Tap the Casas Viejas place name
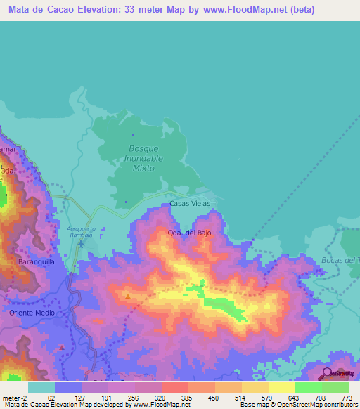(x=190, y=204)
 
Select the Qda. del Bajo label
(x=188, y=232)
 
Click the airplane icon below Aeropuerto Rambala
(x=82, y=244)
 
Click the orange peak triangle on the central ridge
(x=127, y=296)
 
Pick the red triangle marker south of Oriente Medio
(x=63, y=346)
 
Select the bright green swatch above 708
(x=308, y=387)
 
